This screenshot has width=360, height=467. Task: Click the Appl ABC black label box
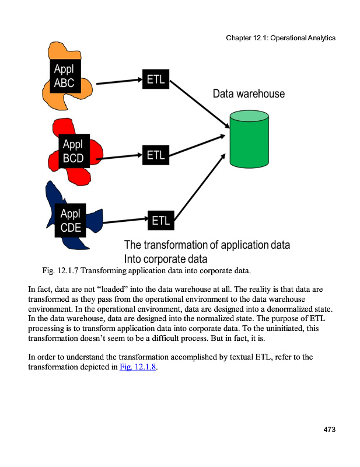pos(65,76)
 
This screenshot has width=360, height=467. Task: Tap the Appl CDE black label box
pos(71,221)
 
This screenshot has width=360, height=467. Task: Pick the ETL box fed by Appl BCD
pos(156,155)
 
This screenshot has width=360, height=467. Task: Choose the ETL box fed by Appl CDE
pos(160,221)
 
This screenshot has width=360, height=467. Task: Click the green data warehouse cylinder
pos(249,140)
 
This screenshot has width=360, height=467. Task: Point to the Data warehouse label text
pos(249,93)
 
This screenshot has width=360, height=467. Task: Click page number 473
pos(329,430)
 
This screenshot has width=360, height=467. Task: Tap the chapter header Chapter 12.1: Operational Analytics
pos(281,38)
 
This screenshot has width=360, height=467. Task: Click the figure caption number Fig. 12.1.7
pos(63,270)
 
